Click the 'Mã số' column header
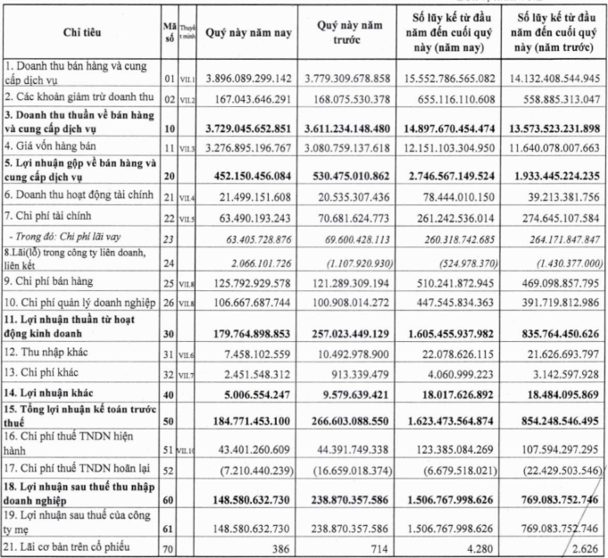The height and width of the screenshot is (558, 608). pyautogui.click(x=171, y=33)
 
